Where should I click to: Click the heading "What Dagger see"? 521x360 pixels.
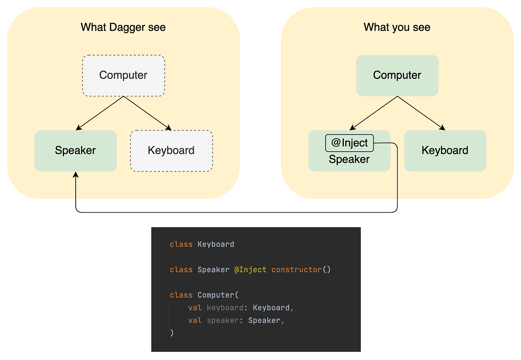(123, 27)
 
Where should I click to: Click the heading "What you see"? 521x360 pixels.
(397, 27)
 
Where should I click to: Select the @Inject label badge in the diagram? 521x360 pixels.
(349, 143)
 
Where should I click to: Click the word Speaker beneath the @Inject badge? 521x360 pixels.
(349, 159)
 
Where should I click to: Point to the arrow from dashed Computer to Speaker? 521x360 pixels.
(100, 113)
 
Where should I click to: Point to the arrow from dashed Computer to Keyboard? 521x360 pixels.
(147, 113)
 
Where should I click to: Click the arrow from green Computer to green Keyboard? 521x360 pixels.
(421, 113)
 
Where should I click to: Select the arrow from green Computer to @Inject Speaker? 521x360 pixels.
(373, 113)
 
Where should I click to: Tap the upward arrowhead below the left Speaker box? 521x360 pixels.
(76, 175)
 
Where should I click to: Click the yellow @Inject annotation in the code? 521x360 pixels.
(250, 270)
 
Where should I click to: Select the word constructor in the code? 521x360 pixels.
(297, 270)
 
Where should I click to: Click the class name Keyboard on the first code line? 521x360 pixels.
(216, 244)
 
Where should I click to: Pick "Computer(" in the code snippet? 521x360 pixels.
(218, 295)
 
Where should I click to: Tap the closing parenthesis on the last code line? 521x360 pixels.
(172, 333)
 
